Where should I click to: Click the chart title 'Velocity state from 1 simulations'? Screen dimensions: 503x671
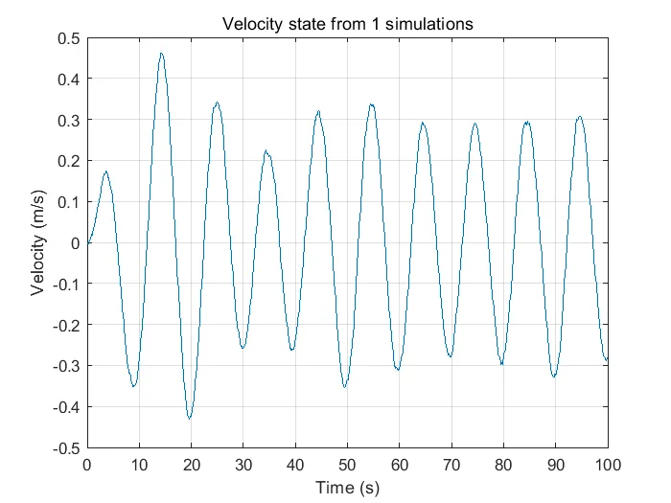click(x=347, y=24)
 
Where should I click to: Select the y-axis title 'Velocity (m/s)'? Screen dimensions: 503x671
click(x=37, y=242)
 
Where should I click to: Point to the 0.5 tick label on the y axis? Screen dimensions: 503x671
click(x=67, y=38)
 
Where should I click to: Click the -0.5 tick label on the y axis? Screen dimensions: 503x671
click(x=64, y=447)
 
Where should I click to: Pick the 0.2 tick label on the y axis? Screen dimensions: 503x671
click(x=67, y=161)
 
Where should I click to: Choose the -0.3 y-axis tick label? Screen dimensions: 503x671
click(x=64, y=366)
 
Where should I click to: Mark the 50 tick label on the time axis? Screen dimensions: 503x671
click(x=347, y=465)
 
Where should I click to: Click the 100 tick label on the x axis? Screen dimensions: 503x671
click(x=607, y=465)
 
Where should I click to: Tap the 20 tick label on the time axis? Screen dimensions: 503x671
click(x=191, y=465)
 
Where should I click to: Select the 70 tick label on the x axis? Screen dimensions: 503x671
click(x=451, y=465)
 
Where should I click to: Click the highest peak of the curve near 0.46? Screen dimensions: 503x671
click(x=161, y=54)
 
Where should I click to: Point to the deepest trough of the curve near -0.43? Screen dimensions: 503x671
click(x=190, y=418)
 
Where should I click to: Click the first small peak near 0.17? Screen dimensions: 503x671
click(x=105, y=172)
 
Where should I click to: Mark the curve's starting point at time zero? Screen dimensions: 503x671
click(x=88, y=242)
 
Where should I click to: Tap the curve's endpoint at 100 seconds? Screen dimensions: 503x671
click(x=607, y=359)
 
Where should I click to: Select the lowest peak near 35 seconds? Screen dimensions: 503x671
click(x=266, y=151)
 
